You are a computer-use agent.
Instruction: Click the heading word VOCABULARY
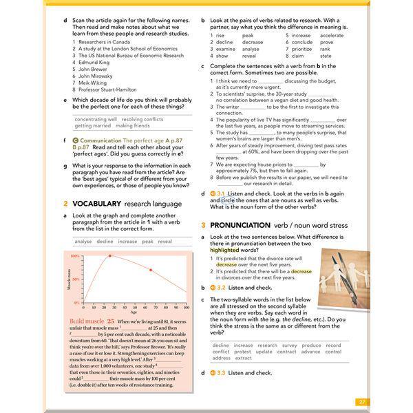pyautogui.click(x=96, y=204)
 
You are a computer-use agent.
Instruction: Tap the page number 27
pyautogui.click(x=362, y=402)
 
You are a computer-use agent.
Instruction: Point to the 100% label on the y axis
pyautogui.click(x=76, y=256)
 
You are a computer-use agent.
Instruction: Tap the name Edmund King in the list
pyautogui.click(x=94, y=63)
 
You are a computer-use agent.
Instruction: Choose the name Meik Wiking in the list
pyautogui.click(x=93, y=83)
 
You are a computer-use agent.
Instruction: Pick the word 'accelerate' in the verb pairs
pyautogui.click(x=332, y=35)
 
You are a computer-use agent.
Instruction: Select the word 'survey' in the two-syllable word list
pyautogui.click(x=290, y=346)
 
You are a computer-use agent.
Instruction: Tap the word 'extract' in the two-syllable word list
pyautogui.click(x=243, y=358)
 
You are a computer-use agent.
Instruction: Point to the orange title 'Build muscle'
pyautogui.click(x=86, y=322)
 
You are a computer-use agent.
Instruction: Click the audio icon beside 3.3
pyautogui.click(x=213, y=372)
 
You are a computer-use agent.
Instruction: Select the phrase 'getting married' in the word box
pyautogui.click(x=92, y=126)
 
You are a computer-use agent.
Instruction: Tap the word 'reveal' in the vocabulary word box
pyautogui.click(x=165, y=242)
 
